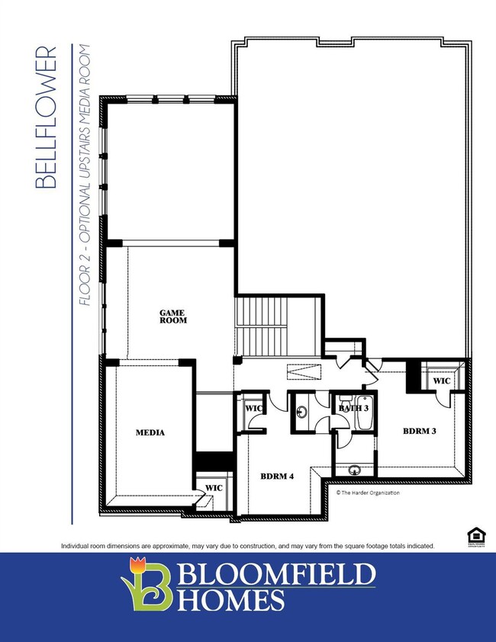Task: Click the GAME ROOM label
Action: pyautogui.click(x=173, y=317)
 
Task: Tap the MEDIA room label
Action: pyautogui.click(x=150, y=432)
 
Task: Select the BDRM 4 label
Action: pyautogui.click(x=277, y=477)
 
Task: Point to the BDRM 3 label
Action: pyautogui.click(x=420, y=431)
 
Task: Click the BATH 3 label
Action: pyautogui.click(x=353, y=408)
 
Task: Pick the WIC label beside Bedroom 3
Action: pyautogui.click(x=442, y=380)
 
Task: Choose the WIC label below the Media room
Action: pyautogui.click(x=214, y=488)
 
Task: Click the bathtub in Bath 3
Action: pyautogui.click(x=364, y=412)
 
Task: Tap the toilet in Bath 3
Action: pyautogui.click(x=345, y=399)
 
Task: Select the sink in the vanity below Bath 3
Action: pyautogui.click(x=354, y=470)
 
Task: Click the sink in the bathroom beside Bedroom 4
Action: pyautogui.click(x=302, y=412)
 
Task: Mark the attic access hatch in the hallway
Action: pyautogui.click(x=304, y=372)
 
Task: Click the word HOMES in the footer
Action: pyautogui.click(x=230, y=599)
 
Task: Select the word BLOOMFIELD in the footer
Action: pyautogui.click(x=276, y=574)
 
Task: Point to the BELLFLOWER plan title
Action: pyautogui.click(x=46, y=117)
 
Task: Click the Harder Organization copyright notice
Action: pyautogui.click(x=368, y=493)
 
